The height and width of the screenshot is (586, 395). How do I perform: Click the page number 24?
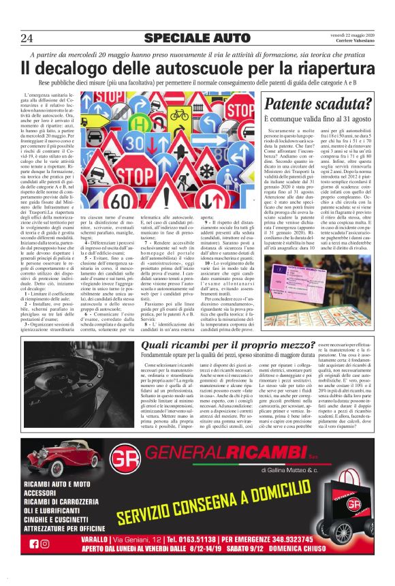pyautogui.click(x=29, y=37)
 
